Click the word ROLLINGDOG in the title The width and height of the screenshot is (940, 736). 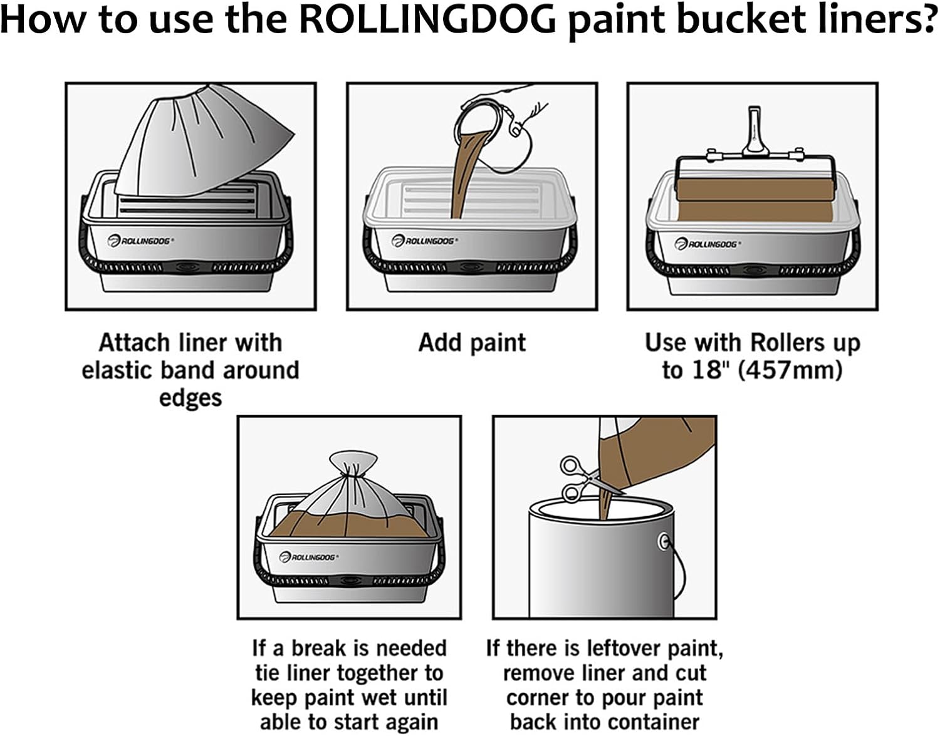click(427, 20)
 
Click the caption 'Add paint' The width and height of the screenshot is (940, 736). click(472, 343)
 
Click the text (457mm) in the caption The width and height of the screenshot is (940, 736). click(790, 370)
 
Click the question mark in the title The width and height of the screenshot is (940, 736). click(926, 20)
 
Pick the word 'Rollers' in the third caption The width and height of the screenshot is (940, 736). click(787, 343)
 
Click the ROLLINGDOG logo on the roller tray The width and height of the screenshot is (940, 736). click(706, 244)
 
